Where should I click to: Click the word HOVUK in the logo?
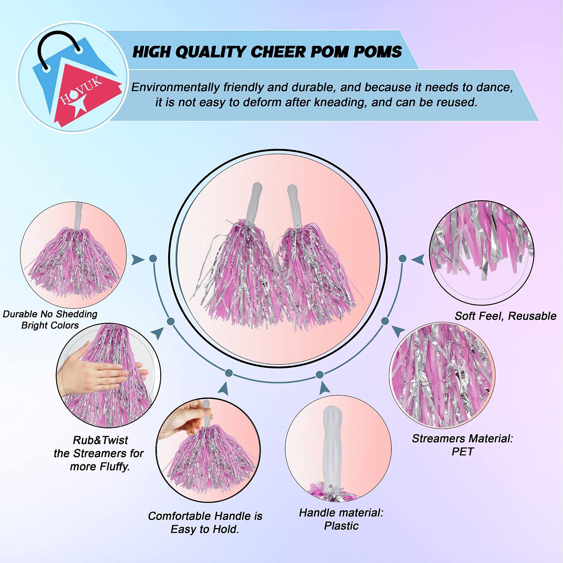coord(80,92)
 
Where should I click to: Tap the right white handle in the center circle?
coord(295,205)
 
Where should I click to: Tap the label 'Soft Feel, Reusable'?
coord(506,316)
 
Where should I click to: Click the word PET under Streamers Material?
coord(463,452)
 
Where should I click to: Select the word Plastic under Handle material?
coord(341,526)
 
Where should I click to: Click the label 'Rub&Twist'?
coord(100,440)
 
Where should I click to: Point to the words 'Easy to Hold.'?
coord(205,529)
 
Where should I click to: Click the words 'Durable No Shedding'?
coord(50,314)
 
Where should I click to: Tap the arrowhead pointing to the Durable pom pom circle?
coord(138,259)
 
